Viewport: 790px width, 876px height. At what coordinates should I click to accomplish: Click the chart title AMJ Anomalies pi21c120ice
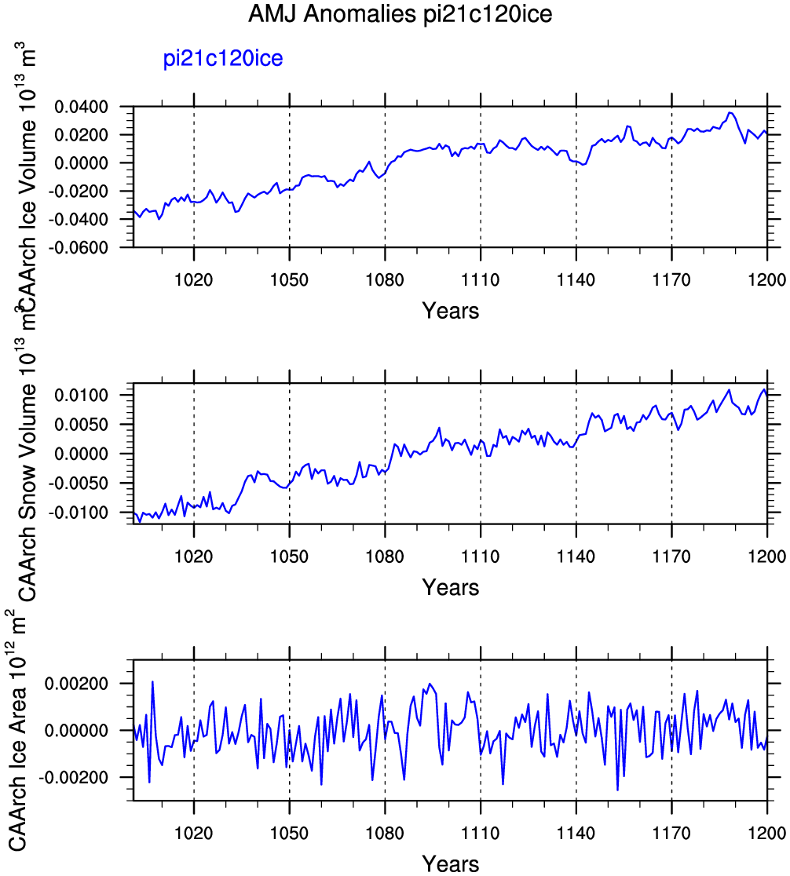tap(400, 13)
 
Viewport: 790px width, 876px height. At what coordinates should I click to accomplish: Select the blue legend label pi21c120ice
tap(223, 58)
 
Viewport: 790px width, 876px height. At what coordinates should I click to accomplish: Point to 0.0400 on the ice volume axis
tap(81, 107)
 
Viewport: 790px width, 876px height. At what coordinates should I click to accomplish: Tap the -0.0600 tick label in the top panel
tap(79, 247)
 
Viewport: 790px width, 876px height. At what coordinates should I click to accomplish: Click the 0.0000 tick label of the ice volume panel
tap(81, 163)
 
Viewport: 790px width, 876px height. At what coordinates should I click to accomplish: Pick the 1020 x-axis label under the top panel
tap(193, 279)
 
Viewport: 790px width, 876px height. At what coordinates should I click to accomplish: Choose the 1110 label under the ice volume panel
tap(481, 279)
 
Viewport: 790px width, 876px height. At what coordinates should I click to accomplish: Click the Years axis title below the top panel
tap(451, 311)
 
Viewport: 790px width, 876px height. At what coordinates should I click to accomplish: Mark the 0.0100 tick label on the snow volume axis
tap(81, 396)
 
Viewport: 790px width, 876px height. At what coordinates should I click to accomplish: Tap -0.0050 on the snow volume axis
tap(79, 484)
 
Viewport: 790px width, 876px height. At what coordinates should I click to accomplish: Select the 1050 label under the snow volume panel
tap(289, 557)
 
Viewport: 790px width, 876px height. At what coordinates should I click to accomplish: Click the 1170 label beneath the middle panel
tap(671, 557)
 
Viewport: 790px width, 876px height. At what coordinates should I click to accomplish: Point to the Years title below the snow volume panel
tap(451, 587)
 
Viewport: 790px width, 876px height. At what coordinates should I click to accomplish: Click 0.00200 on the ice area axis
tap(77, 684)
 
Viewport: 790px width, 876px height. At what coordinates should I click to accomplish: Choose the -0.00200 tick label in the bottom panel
tap(74, 778)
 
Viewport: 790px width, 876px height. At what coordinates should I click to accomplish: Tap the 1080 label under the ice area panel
tap(385, 834)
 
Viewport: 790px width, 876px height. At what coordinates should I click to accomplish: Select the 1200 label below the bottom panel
tap(767, 834)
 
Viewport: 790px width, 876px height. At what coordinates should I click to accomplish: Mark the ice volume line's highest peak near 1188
tap(729, 112)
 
